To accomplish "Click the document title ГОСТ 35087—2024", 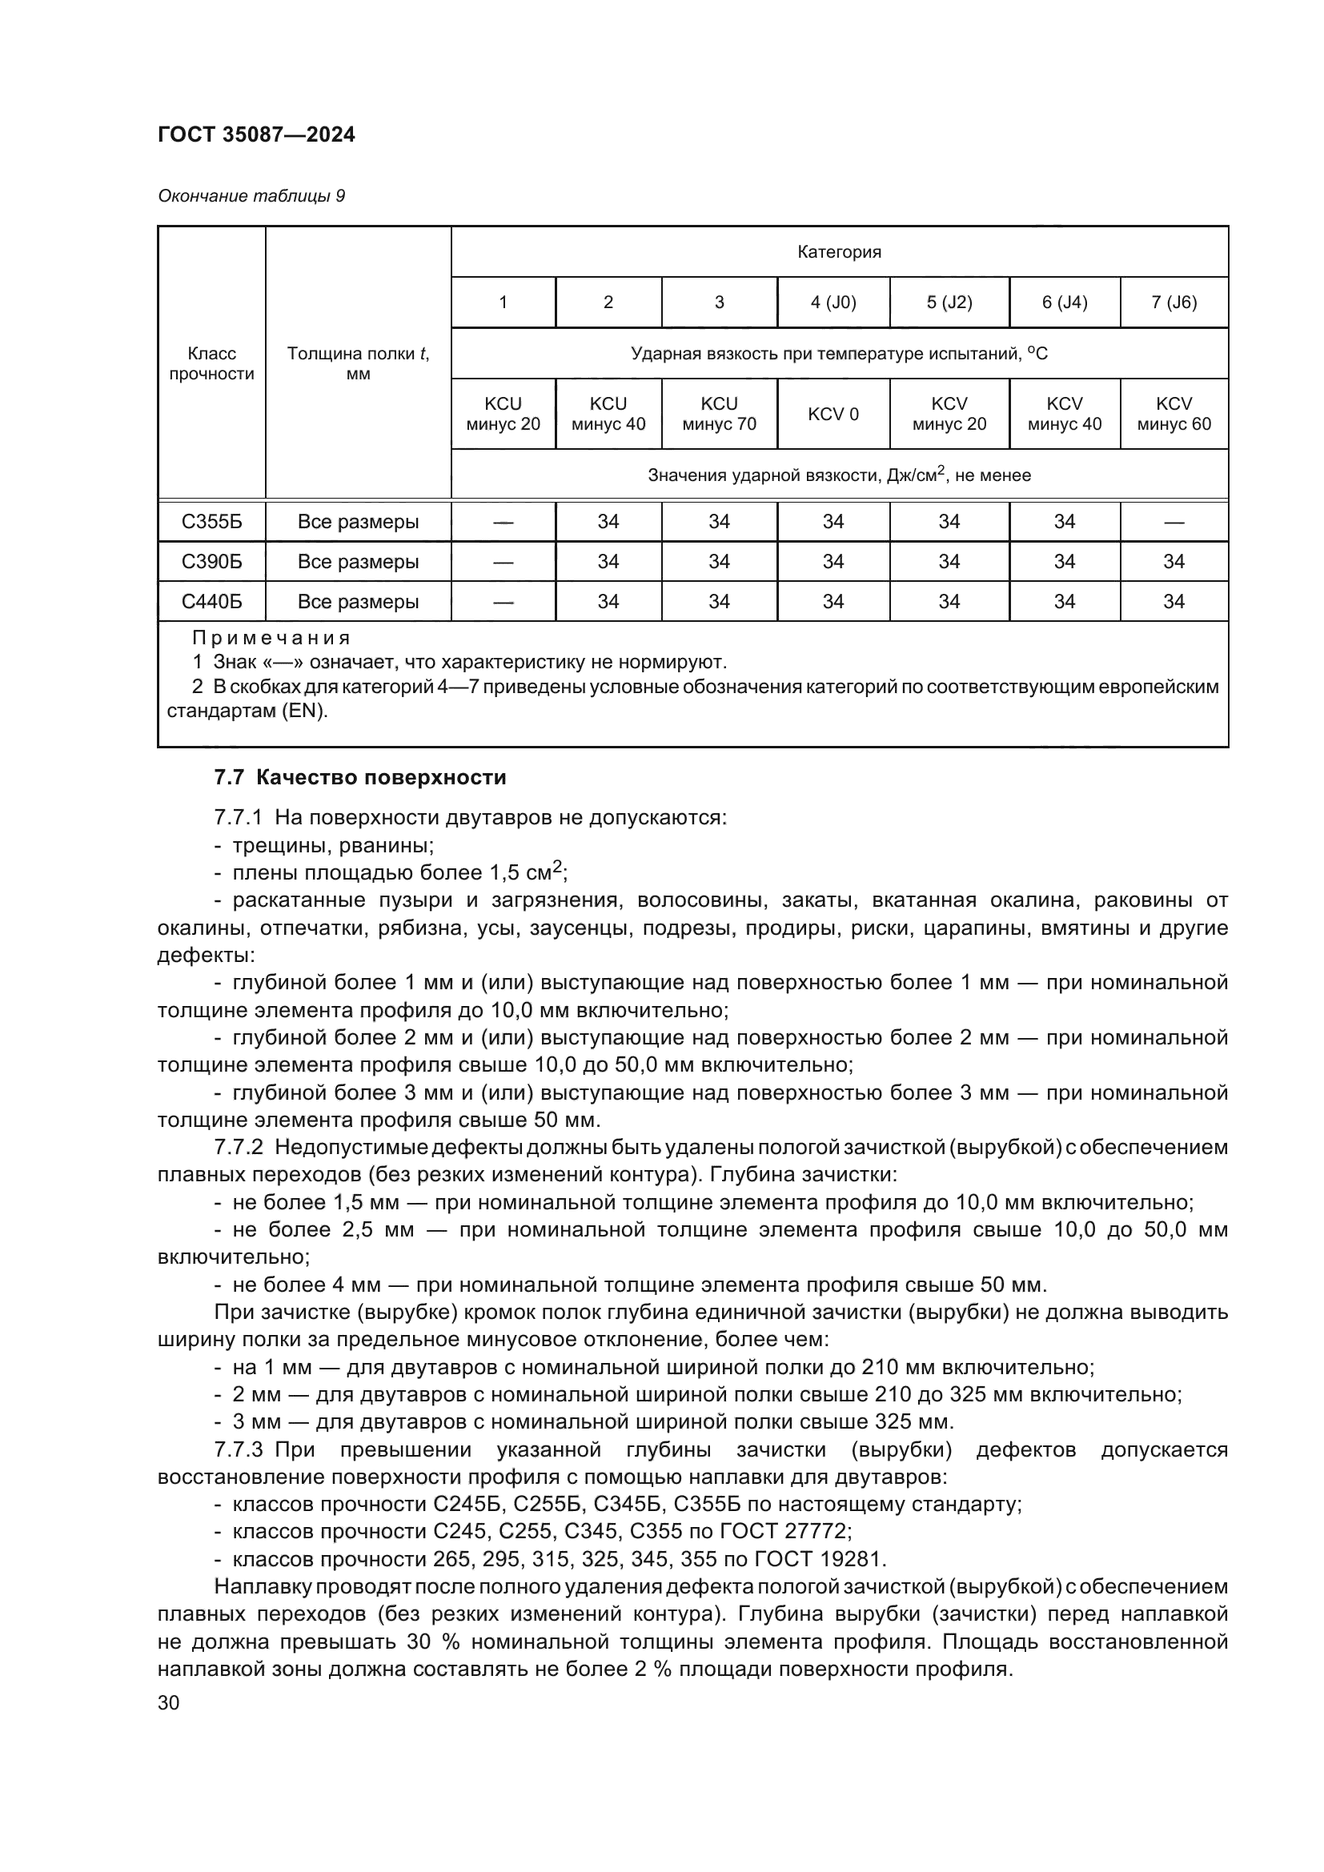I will pos(256,134).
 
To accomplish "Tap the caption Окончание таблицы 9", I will pos(251,195).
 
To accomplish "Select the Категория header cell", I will pos(839,252).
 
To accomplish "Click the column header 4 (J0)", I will pos(833,303).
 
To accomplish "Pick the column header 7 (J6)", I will pos(1174,303).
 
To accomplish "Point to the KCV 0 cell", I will pos(833,415).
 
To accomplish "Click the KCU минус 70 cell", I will pos(718,415).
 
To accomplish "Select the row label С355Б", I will pos(211,522).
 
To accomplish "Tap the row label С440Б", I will pos(211,602).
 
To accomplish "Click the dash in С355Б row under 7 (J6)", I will pos(1174,522).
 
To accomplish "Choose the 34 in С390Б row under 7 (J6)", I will pos(1174,562).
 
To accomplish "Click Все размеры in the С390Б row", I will pos(358,562).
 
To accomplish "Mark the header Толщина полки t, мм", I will pos(358,363).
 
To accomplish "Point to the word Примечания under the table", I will pos(271,638).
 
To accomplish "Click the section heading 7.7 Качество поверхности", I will pos(359,777).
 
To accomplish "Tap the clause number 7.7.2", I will pos(238,1147).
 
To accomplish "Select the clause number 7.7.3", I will pos(238,1449).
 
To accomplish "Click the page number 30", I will pos(168,1702).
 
